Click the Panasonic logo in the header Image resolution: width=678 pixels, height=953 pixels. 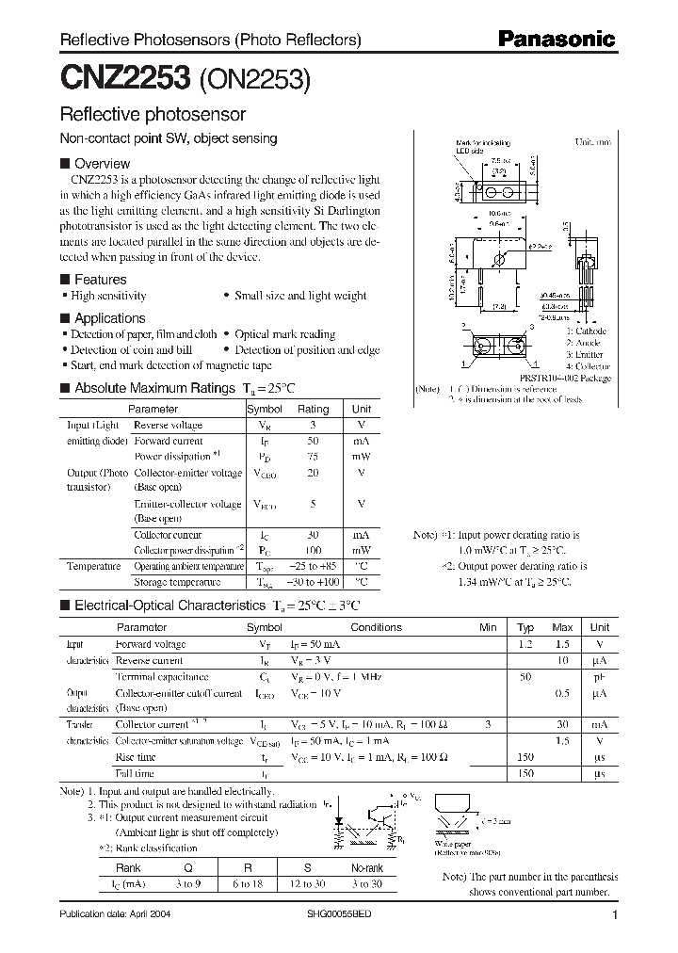tap(556, 40)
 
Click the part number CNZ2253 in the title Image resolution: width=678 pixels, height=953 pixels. tap(125, 78)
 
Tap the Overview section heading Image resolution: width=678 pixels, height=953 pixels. tap(102, 164)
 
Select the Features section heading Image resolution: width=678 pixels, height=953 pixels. tap(100, 280)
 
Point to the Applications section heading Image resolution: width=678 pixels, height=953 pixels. tap(109, 318)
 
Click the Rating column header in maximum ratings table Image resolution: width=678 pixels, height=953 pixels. tap(313, 410)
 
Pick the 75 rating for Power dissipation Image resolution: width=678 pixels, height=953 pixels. tap(313, 457)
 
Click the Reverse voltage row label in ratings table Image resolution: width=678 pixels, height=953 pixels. tap(168, 426)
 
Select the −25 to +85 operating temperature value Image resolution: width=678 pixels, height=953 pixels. tap(313, 566)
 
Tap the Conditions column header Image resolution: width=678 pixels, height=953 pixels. tap(376, 627)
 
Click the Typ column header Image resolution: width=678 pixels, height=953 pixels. tap(525, 627)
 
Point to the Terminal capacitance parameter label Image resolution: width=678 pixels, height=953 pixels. tap(161, 677)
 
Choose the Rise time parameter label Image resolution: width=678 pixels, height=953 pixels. tap(136, 757)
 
